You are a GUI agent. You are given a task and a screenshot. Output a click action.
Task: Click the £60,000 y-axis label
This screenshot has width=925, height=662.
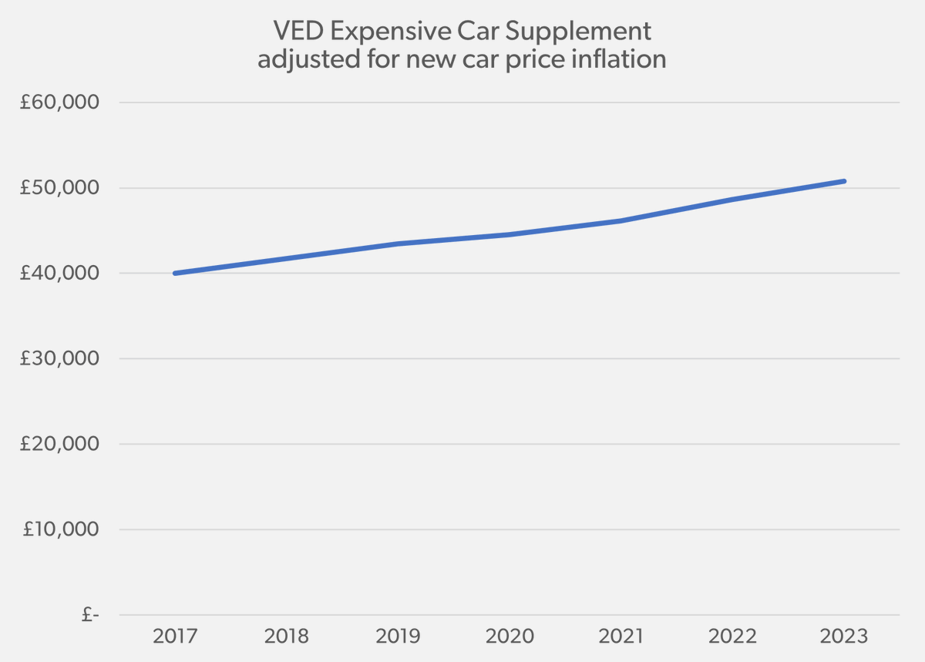60,102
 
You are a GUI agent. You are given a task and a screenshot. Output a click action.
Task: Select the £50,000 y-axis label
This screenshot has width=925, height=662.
60,188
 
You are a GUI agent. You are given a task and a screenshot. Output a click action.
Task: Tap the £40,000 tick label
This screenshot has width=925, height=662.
60,274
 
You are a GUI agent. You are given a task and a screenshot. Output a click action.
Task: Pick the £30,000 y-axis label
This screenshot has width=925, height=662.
60,358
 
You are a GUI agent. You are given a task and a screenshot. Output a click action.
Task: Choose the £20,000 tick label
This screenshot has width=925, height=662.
60,444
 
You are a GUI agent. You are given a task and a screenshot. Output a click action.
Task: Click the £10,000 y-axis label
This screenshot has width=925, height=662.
60,529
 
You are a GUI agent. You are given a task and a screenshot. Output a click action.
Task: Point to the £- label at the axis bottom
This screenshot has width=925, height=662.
90,615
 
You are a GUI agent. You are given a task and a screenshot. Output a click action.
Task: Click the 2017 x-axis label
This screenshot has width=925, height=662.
175,637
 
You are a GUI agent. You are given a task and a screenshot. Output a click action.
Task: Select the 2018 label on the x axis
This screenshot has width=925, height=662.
287,637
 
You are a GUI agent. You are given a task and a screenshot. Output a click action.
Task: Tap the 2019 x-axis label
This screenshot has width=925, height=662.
399,637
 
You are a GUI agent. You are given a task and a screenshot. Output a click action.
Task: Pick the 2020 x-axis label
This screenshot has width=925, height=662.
510,637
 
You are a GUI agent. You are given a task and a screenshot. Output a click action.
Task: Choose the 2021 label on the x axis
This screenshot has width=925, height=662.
621,637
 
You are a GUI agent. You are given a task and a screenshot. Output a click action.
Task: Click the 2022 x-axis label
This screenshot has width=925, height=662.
733,637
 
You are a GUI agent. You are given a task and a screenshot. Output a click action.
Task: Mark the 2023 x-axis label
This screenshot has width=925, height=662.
845,637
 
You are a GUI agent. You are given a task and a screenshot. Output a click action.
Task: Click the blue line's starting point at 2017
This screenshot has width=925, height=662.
176,273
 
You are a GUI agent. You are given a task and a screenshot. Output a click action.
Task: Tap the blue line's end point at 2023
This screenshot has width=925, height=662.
844,181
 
